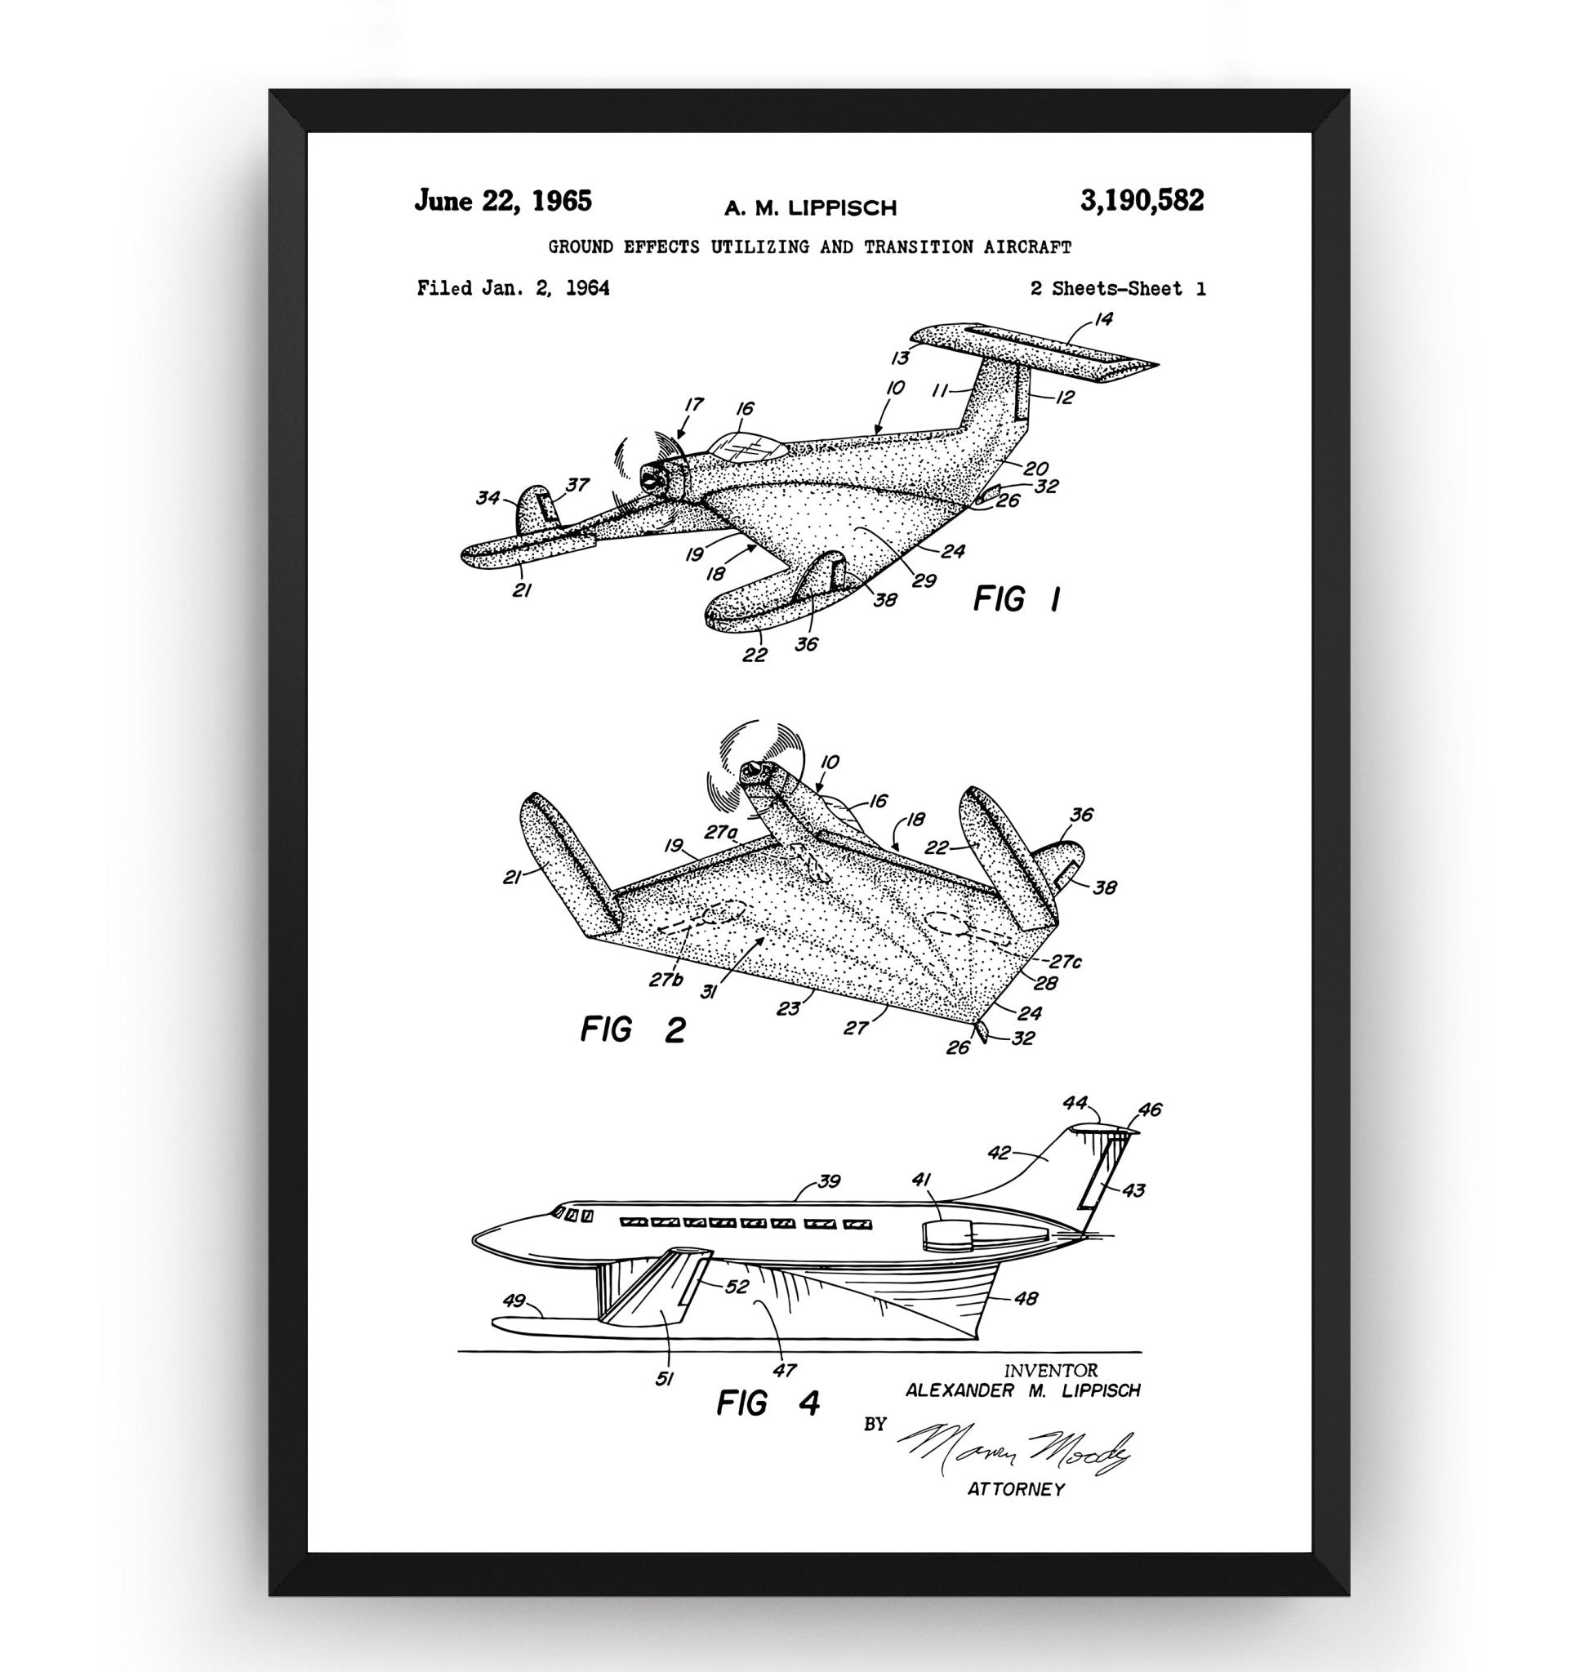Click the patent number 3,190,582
1142,201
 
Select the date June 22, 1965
503,202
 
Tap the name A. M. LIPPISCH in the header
810,208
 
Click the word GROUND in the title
581,247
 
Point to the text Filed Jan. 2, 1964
513,288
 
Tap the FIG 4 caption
768,1403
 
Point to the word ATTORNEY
1016,1489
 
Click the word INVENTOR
1050,1371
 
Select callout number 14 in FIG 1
1103,319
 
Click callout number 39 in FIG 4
830,1182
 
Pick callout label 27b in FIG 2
666,979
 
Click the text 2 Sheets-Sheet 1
1118,289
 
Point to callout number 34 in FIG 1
488,498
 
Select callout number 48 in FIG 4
1026,1298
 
